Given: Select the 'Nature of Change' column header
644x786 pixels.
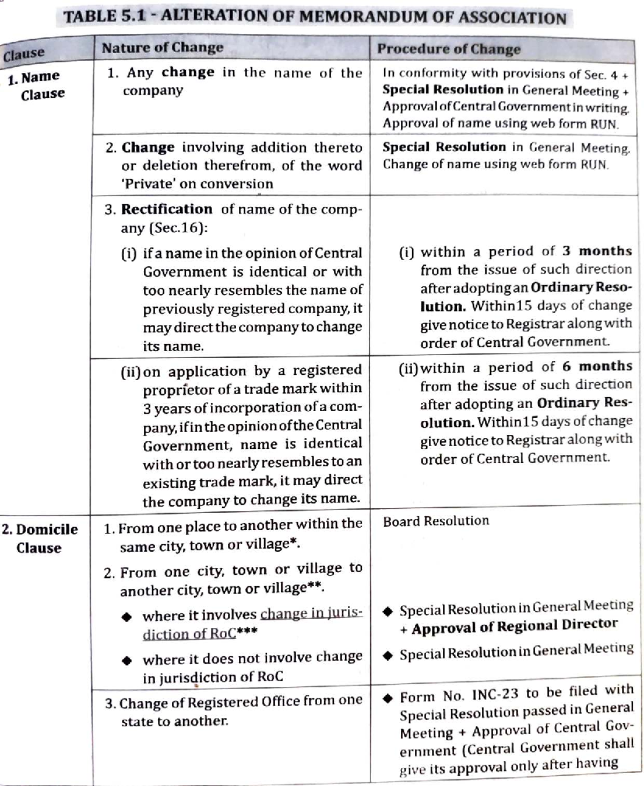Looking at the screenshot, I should [163, 48].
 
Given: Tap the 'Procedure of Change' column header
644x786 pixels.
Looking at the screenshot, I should [449, 49].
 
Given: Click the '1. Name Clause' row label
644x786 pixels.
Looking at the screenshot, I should [36, 85].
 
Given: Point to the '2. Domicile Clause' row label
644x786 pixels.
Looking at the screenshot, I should [39, 538].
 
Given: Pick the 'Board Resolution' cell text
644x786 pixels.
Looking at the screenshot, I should [436, 521].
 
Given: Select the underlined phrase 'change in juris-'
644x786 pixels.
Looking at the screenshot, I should [311, 613].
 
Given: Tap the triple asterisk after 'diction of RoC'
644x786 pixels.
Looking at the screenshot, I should [247, 632].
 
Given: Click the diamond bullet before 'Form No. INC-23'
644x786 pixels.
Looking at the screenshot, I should [388, 698].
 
